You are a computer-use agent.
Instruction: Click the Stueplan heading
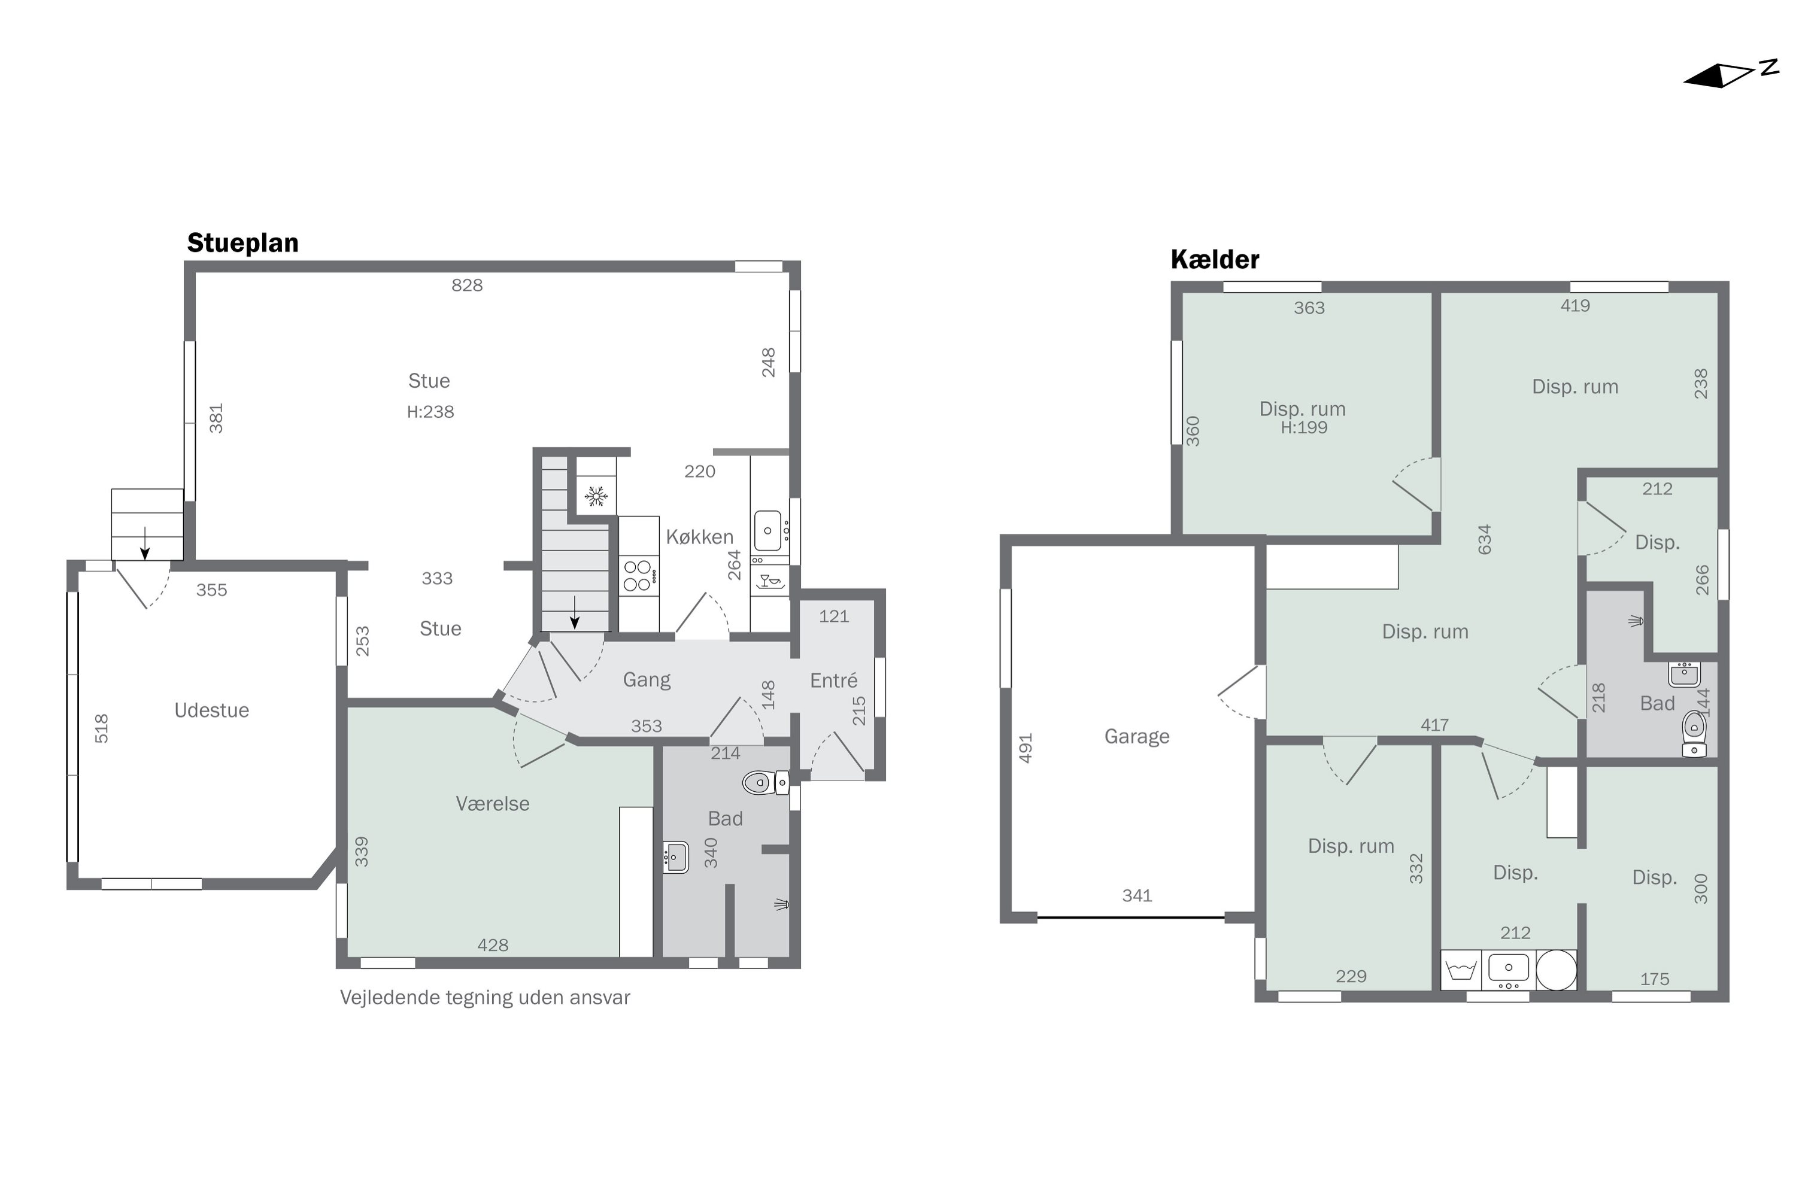coord(243,243)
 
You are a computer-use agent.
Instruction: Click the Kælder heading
coord(1214,260)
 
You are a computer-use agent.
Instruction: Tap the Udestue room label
coord(211,710)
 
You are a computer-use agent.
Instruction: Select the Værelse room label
coord(493,803)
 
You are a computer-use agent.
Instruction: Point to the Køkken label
coord(699,537)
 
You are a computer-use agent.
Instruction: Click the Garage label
coord(1136,736)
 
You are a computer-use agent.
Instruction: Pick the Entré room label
coord(833,680)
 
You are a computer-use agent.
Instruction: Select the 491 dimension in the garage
coord(1026,748)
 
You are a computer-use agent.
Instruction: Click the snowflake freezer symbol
coord(596,497)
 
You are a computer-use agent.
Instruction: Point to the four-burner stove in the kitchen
coord(638,576)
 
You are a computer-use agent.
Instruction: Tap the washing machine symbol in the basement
coord(1461,970)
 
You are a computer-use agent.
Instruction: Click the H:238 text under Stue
coord(430,412)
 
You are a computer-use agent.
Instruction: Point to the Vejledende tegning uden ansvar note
coord(485,998)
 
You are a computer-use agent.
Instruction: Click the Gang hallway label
coord(646,679)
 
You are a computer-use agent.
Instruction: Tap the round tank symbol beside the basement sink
coord(1555,970)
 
